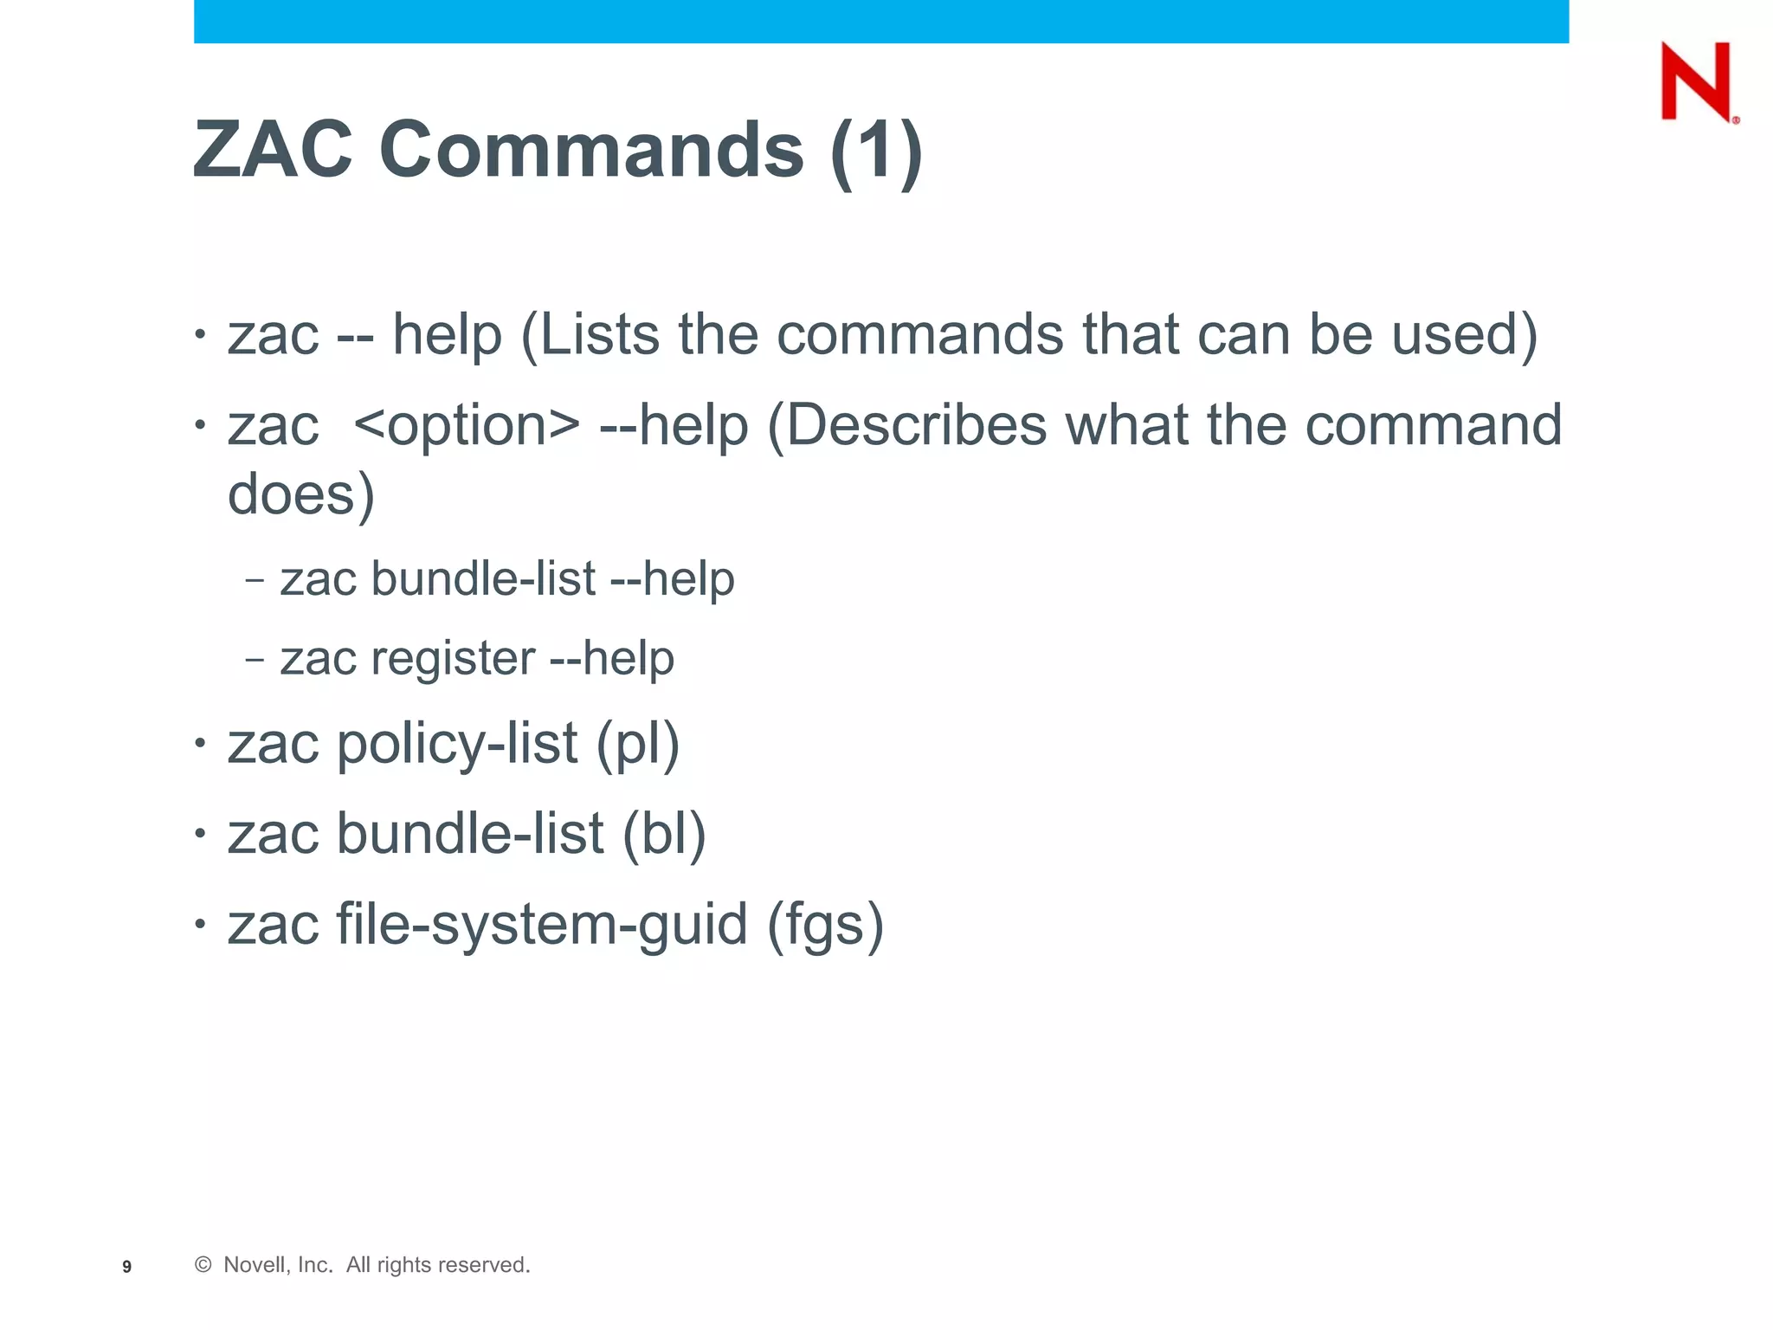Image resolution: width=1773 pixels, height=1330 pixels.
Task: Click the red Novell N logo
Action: click(1697, 81)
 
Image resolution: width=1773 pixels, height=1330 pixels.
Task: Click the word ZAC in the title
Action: click(274, 149)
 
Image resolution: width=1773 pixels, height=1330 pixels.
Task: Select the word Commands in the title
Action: click(592, 149)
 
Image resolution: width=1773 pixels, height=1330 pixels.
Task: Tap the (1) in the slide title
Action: click(876, 151)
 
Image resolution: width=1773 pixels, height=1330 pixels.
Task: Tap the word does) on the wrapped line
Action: click(301, 494)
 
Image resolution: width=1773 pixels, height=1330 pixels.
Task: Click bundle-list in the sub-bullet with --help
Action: click(483, 578)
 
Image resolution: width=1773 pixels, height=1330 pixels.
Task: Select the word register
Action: click(454, 658)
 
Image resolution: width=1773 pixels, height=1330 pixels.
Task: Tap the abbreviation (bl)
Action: click(664, 834)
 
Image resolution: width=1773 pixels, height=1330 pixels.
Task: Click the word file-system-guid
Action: click(542, 924)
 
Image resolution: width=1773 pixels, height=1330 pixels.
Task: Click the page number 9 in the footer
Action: click(127, 1267)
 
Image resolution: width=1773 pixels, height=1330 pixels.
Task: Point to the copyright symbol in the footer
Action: click(203, 1265)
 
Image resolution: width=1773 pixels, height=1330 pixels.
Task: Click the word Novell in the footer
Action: click(253, 1265)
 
